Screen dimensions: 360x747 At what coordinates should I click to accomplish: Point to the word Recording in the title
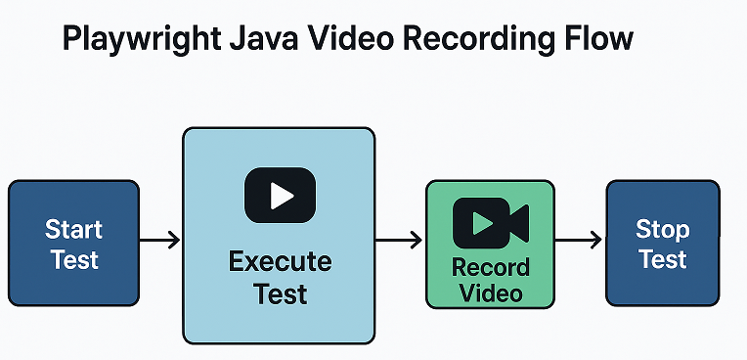(x=481, y=39)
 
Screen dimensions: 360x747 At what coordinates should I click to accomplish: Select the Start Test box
(x=73, y=243)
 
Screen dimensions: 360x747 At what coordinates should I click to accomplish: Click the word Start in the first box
(x=73, y=230)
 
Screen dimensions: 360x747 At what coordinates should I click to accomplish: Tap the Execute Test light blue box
(x=279, y=313)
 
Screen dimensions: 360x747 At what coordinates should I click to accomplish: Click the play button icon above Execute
(x=280, y=195)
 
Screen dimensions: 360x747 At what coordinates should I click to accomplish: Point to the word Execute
(x=280, y=262)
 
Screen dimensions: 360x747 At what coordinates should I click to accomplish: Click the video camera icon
(x=490, y=222)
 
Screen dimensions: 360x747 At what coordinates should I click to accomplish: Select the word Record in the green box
(x=491, y=267)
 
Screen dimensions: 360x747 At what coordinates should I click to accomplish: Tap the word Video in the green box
(x=491, y=292)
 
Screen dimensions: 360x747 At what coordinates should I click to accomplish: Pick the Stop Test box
(x=663, y=243)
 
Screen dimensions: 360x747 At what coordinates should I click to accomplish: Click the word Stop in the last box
(x=663, y=230)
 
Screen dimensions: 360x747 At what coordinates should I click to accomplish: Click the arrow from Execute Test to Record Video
(x=399, y=239)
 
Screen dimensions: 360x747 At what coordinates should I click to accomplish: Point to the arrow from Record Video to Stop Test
(x=581, y=239)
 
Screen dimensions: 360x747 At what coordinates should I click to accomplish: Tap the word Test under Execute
(x=280, y=292)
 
